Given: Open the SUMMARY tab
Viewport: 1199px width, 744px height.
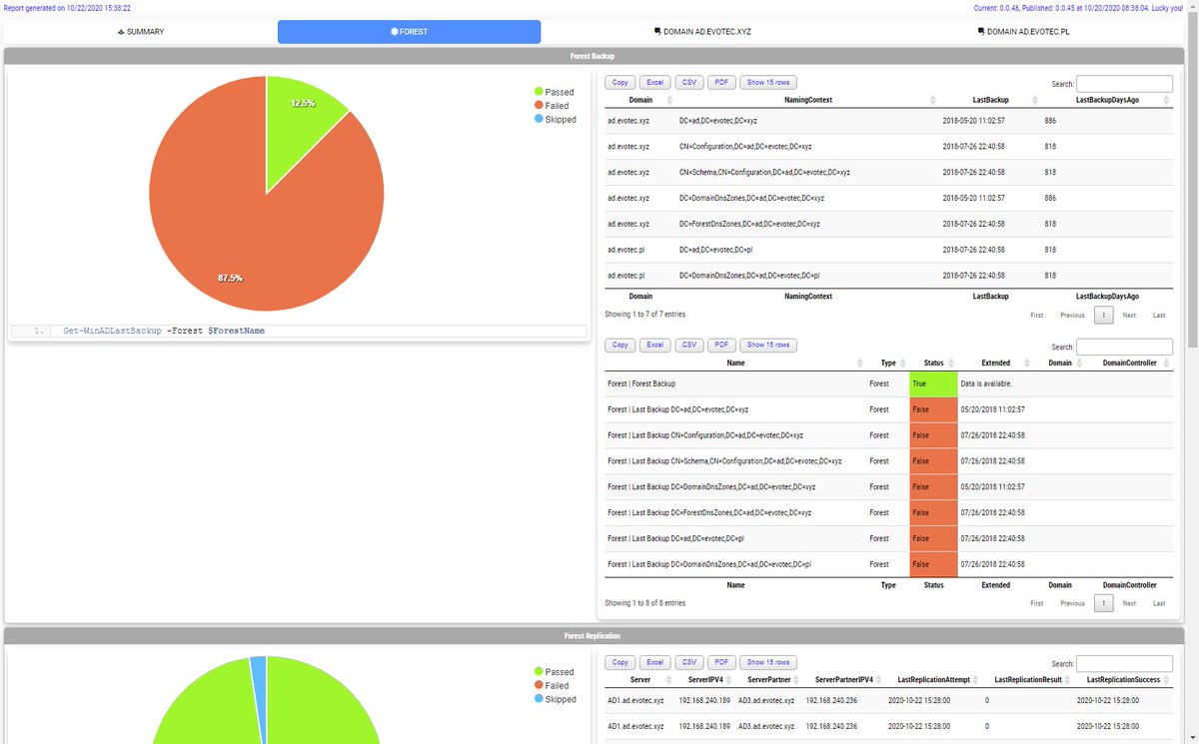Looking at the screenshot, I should [x=141, y=32].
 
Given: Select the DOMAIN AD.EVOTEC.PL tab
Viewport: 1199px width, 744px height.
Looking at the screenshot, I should [x=1028, y=32].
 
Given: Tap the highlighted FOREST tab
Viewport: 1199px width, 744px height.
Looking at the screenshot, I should [x=409, y=32].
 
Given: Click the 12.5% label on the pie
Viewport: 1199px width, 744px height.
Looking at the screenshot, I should [x=303, y=103].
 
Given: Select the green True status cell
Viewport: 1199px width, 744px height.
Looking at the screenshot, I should [x=933, y=382].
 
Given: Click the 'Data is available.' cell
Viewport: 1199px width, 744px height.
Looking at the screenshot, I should [x=986, y=382].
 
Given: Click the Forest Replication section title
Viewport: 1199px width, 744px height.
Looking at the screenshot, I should [x=595, y=635].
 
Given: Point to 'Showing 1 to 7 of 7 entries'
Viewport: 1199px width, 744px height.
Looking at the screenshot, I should [x=644, y=315].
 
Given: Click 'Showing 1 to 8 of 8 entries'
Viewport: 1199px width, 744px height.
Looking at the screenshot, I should [x=644, y=603].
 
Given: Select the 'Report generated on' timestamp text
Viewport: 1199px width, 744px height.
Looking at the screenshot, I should [x=67, y=8].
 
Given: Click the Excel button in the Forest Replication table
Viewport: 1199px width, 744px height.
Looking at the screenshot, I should [x=654, y=662].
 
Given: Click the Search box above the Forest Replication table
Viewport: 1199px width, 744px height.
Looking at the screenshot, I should [x=1124, y=663].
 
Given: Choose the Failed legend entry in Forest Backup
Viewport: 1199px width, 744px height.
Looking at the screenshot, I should [x=556, y=106].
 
